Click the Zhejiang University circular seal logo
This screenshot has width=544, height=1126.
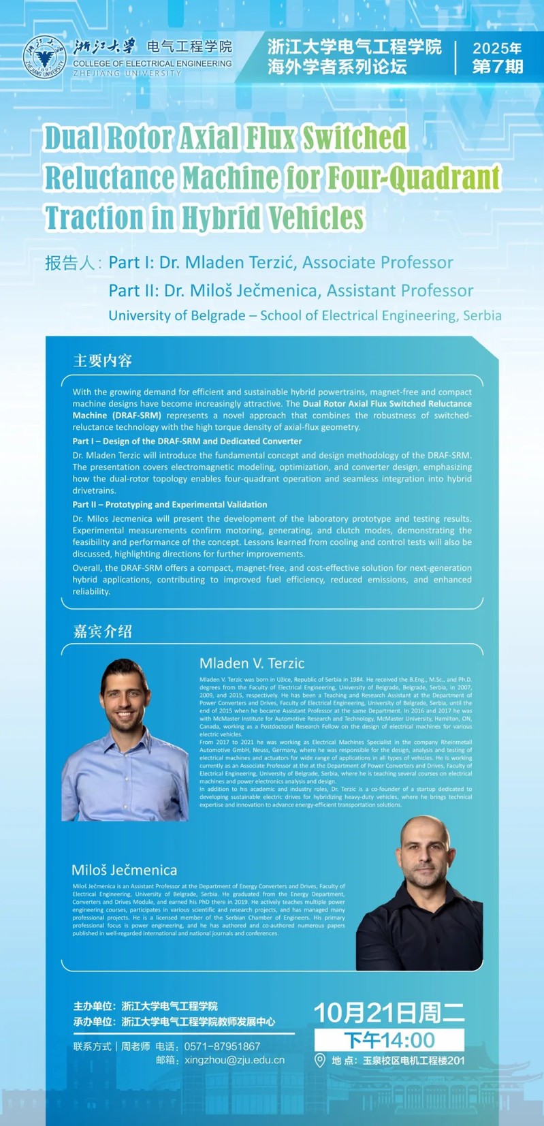click(45, 57)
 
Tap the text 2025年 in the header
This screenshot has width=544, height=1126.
click(497, 48)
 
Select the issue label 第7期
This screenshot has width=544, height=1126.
click(498, 67)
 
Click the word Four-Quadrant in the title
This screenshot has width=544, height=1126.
click(414, 178)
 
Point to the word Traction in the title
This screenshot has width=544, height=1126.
click(94, 217)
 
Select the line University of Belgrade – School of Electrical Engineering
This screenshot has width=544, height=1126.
click(304, 315)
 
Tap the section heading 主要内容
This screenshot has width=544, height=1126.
click(102, 360)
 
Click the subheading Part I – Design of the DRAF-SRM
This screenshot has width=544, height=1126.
click(187, 441)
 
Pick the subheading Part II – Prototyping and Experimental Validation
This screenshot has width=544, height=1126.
click(170, 505)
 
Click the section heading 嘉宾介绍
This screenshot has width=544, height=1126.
click(102, 631)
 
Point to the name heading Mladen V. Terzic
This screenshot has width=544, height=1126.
click(252, 663)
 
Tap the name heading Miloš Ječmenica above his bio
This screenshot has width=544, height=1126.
click(124, 870)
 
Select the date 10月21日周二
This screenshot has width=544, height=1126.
click(389, 1013)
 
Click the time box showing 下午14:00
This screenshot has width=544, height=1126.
click(389, 1040)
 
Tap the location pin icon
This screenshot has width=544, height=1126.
click(320, 1061)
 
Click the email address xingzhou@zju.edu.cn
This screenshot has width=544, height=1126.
click(234, 1060)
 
